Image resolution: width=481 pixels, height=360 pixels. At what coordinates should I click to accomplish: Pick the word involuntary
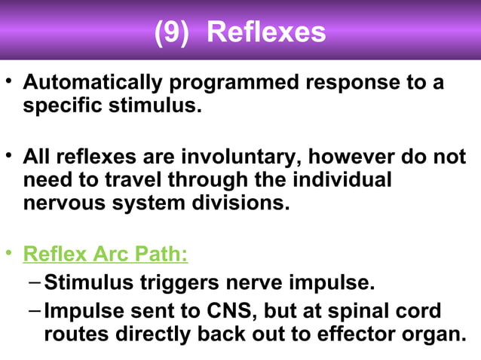(x=258, y=157)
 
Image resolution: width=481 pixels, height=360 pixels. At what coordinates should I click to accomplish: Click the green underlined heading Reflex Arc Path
(x=106, y=254)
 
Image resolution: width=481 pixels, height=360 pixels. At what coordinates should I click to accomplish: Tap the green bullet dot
(x=9, y=250)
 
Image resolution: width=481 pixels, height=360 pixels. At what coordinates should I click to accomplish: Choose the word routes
(x=78, y=334)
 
